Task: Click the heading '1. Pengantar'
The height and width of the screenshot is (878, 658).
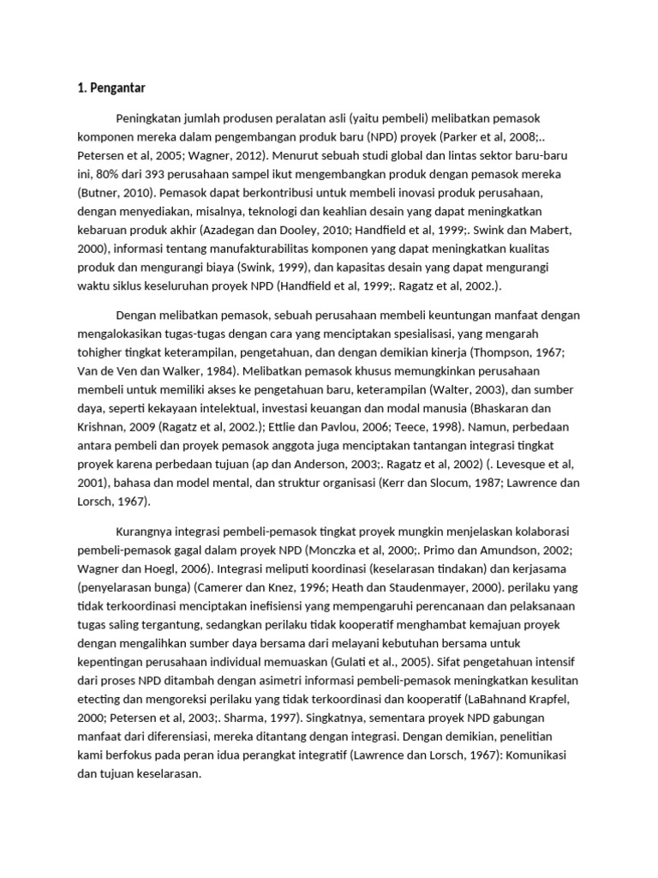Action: tap(111, 87)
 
